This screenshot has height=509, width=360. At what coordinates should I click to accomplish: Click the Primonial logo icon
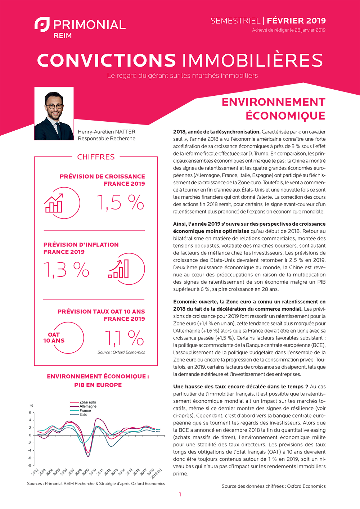pos(42,24)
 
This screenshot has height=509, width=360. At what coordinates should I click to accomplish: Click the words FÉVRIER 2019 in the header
pos(296,21)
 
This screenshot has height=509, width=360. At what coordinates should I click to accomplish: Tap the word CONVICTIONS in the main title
pos(107,60)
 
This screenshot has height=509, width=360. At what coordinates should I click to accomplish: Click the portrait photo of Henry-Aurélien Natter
pos(54,113)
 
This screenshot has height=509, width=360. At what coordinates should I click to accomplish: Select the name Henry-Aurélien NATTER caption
pos(107,132)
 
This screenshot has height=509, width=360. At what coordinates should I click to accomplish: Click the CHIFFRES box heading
pos(96,157)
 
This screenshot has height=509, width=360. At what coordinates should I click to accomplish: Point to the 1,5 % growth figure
pos(120,202)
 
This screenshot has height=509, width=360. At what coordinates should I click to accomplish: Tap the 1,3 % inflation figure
pos(66,270)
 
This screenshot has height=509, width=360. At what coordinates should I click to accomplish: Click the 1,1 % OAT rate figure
pos(124,338)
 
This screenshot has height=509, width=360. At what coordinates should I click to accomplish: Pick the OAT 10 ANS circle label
pos(54,338)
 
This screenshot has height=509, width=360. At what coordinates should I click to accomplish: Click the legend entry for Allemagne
pos(88,406)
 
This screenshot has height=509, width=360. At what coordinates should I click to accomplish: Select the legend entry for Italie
pos(84,415)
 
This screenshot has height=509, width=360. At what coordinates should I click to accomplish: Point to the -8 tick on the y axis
pos(30,465)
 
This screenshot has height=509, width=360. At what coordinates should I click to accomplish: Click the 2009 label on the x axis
pos(85,472)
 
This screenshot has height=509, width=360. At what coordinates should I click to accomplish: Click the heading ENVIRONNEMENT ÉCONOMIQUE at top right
pos(274,109)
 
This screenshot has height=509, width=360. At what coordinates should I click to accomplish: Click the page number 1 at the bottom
pos(180,495)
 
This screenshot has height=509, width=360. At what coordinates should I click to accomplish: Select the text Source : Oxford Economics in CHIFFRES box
pos(121,352)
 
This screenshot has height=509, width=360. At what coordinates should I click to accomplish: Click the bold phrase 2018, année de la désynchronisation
pos(216,132)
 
